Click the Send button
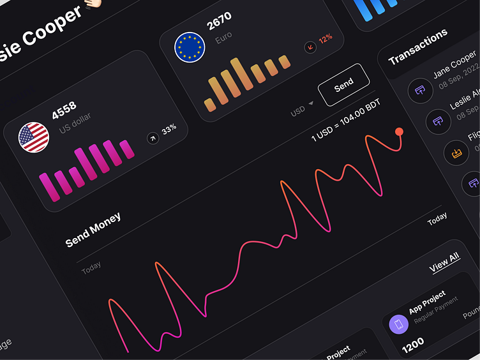(x=343, y=84)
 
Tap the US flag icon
(x=34, y=137)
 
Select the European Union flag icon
(x=190, y=48)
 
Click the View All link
(x=444, y=262)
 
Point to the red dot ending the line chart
(x=399, y=131)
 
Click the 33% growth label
(x=169, y=130)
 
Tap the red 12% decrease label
(x=326, y=39)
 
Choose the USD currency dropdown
(x=302, y=109)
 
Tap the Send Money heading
(x=93, y=230)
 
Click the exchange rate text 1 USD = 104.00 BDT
(x=345, y=128)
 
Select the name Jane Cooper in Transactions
(x=454, y=66)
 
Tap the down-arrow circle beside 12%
(x=310, y=47)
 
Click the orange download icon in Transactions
(x=456, y=153)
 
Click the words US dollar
(x=75, y=124)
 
